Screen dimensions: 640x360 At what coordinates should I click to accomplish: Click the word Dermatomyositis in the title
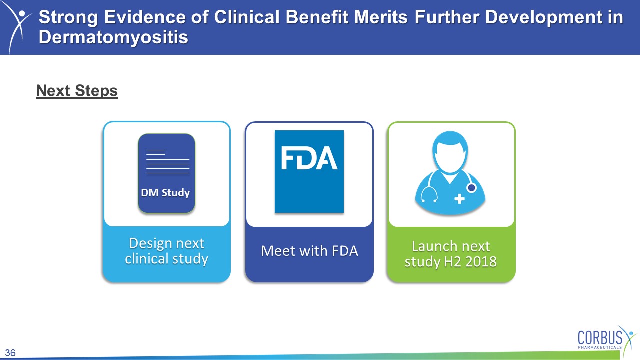113,37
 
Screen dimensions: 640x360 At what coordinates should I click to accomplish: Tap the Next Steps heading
77,91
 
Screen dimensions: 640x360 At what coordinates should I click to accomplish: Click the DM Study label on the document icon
165,193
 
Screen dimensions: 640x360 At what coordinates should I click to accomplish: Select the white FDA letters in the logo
309,158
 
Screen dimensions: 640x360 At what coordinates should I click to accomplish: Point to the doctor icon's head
450,151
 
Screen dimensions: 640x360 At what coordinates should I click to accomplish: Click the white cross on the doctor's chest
459,199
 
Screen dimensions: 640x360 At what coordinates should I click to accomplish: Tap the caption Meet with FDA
309,251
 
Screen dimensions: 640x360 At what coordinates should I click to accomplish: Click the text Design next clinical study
167,251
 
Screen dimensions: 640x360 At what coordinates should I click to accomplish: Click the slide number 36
10,353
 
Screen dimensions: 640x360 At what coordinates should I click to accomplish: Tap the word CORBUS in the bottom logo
600,338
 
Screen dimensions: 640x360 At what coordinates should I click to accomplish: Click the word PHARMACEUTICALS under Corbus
600,347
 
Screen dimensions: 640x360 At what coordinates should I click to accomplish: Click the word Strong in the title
68,17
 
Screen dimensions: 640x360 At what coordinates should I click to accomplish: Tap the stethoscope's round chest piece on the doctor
471,188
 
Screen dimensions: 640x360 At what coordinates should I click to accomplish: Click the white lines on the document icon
168,161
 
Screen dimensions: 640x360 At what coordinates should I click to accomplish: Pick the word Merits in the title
381,17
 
